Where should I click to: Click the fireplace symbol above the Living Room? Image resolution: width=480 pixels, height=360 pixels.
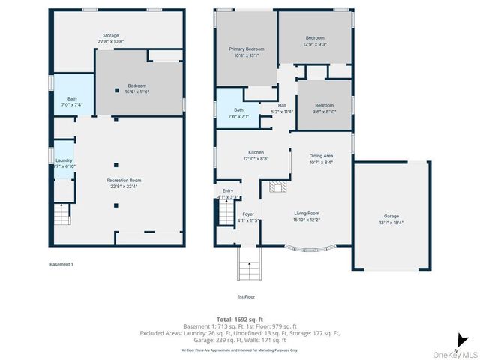coord(278,187)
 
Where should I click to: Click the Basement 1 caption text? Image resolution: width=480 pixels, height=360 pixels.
coord(61,264)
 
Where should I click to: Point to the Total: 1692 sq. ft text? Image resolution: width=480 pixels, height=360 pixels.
coord(240,319)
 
